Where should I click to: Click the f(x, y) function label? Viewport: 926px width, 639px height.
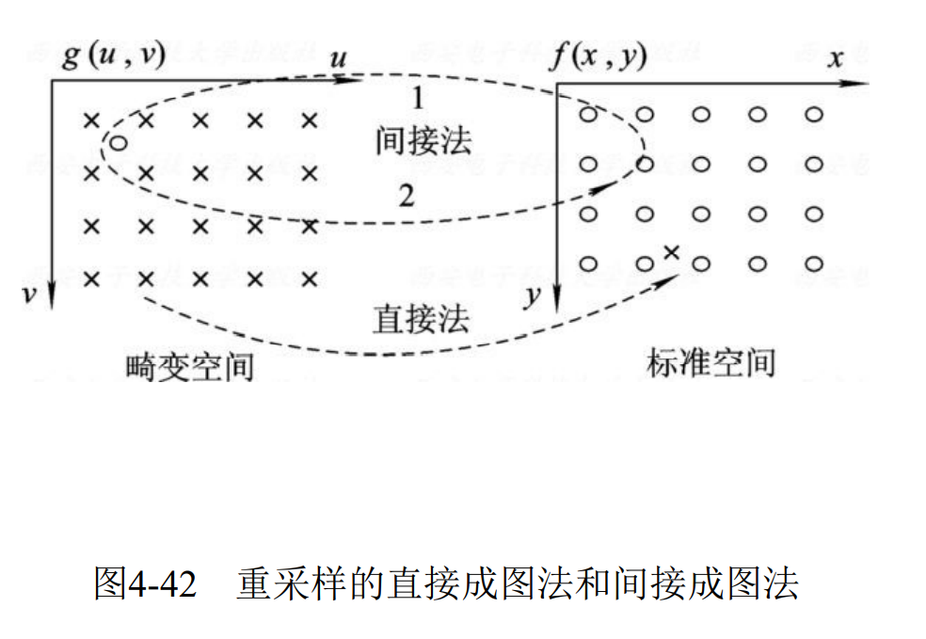(599, 56)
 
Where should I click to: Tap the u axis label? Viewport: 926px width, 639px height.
(339, 58)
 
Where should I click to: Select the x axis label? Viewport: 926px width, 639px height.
(834, 58)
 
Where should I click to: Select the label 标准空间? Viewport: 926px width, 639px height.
(710, 362)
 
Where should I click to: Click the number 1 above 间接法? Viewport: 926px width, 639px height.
(417, 97)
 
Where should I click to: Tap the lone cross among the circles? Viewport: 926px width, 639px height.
(671, 251)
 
